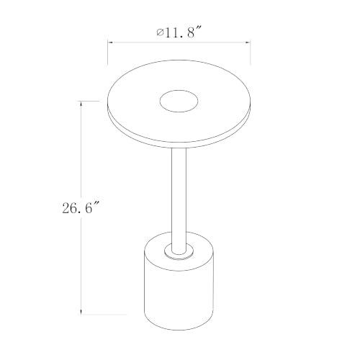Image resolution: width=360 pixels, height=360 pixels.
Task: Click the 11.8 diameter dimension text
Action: click(179, 32)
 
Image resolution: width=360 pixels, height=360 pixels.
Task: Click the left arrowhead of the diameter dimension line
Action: click(110, 42)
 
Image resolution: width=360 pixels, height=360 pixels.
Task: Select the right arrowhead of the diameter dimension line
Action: click(248, 42)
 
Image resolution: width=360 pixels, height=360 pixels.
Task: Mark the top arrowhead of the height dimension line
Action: click(81, 104)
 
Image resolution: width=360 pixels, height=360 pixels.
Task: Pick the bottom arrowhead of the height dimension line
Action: click(81, 312)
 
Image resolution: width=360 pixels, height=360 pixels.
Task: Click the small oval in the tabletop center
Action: click(179, 101)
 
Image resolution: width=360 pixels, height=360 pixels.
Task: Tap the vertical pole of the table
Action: click(179, 200)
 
